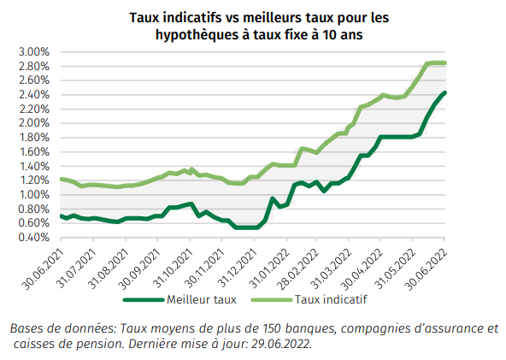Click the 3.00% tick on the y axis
33,51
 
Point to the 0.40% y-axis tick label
33,238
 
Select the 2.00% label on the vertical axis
33,123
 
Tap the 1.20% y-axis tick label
33,180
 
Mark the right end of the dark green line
445,92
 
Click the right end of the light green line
445,62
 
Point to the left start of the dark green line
60,215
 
